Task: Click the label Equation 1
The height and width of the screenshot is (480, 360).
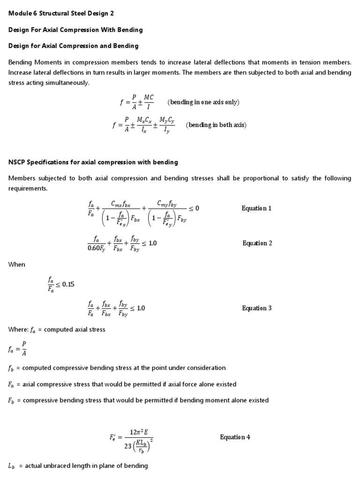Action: coord(256,208)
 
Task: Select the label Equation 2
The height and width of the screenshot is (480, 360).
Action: coord(257,243)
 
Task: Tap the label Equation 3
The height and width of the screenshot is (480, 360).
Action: coord(257,308)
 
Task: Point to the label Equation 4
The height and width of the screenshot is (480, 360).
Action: coord(235,437)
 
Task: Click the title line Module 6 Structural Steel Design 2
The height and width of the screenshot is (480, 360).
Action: coord(61,13)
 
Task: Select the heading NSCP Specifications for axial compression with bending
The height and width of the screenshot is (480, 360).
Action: coord(93,162)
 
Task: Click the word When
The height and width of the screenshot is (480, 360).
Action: coord(17,264)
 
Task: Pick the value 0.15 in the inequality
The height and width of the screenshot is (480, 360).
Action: coord(68,285)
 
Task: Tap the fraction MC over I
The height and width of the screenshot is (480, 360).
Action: coord(148,102)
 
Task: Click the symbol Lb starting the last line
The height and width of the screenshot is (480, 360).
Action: coord(12,466)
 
